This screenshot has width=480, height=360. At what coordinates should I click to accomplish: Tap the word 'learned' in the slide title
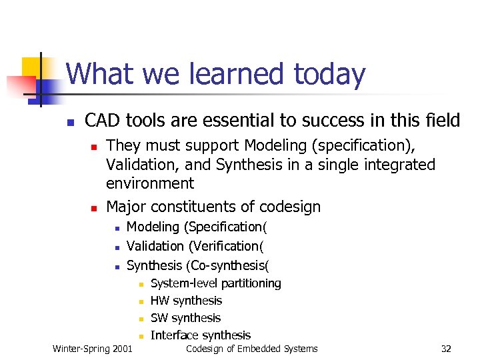tap(233, 75)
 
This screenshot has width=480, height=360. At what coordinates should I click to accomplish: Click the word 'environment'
tap(150, 183)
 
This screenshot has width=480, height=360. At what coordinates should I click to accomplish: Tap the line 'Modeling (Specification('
tap(198, 227)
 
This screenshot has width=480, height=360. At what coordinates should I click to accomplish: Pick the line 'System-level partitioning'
tap(216, 283)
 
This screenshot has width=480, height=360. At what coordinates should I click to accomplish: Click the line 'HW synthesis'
tap(186, 301)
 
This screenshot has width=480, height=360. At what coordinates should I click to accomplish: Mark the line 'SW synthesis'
tap(185, 318)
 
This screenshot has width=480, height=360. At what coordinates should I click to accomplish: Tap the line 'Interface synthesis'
tap(201, 335)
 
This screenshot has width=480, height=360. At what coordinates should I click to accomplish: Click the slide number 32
tap(447, 349)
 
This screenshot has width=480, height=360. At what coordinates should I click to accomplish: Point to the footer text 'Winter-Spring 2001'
tap(92, 349)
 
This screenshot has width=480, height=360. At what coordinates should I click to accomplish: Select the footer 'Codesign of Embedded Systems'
tap(251, 349)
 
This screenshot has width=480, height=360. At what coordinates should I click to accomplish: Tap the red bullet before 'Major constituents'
tap(94, 208)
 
